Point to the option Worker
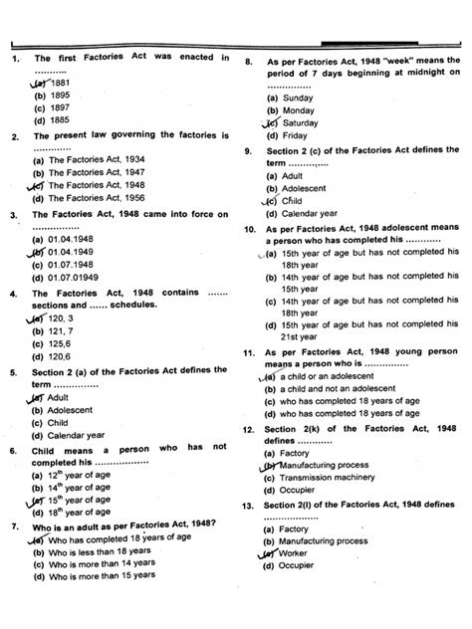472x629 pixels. click(298, 553)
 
